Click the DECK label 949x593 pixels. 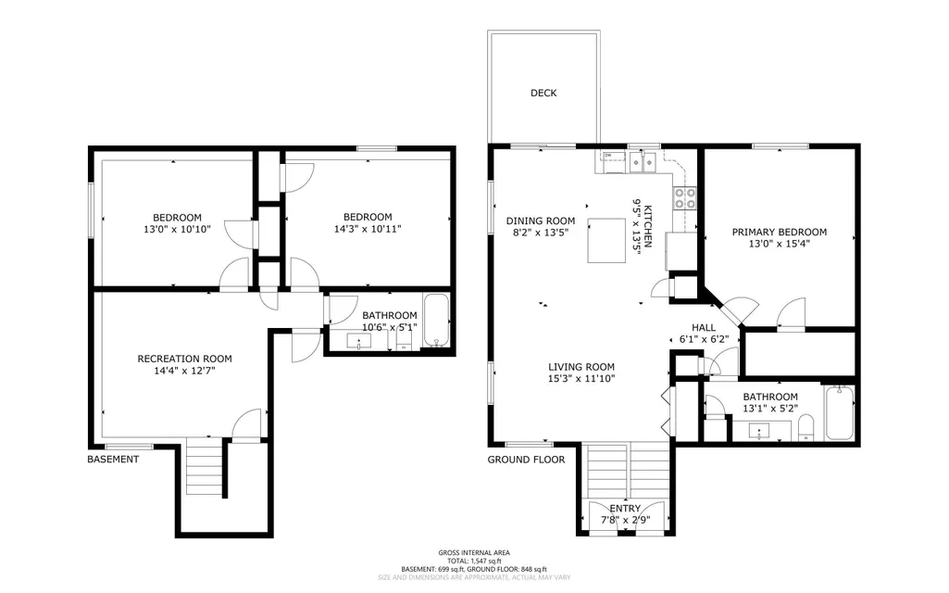[x=543, y=93]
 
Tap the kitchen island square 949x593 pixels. [x=606, y=241]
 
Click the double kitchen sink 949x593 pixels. [x=643, y=162]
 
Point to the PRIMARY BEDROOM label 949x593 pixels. [x=780, y=232]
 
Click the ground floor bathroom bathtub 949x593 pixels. [x=840, y=412]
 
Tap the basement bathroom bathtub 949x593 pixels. [x=436, y=320]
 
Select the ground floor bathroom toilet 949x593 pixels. [x=805, y=427]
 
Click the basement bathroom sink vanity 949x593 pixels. [x=358, y=341]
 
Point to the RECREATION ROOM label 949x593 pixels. [x=184, y=359]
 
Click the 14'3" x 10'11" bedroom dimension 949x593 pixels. [x=368, y=229]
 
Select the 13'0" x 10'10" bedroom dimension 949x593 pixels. [x=178, y=230]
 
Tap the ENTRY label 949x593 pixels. [x=625, y=508]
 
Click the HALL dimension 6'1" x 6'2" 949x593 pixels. [x=704, y=340]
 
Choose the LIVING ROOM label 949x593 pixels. [x=581, y=367]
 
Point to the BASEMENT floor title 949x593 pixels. [x=113, y=460]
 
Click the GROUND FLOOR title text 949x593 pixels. [x=527, y=460]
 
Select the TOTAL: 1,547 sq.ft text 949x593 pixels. [x=474, y=561]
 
